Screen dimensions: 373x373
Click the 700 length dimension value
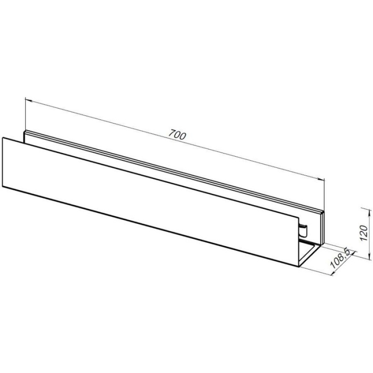(x=177, y=135)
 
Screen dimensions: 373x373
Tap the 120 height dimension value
(x=364, y=233)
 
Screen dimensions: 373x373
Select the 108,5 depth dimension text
(x=340, y=258)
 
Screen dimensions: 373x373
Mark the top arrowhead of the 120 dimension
(x=369, y=213)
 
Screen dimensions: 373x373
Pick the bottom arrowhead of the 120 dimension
(x=369, y=256)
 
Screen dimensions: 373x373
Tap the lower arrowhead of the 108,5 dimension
(x=333, y=273)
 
